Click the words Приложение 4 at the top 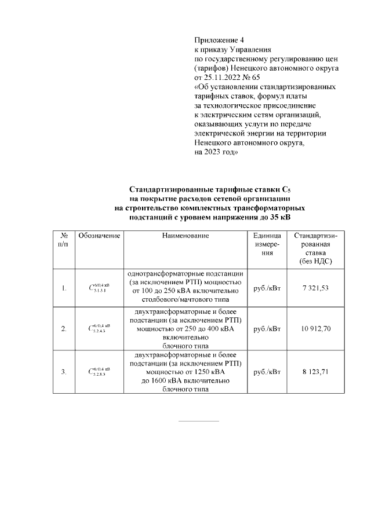(219, 41)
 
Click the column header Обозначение (99, 236)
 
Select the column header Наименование (185, 236)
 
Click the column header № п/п (64, 240)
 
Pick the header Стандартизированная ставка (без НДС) (315, 249)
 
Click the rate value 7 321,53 (315, 288)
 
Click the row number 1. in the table (64, 288)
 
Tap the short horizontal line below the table (198, 421)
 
